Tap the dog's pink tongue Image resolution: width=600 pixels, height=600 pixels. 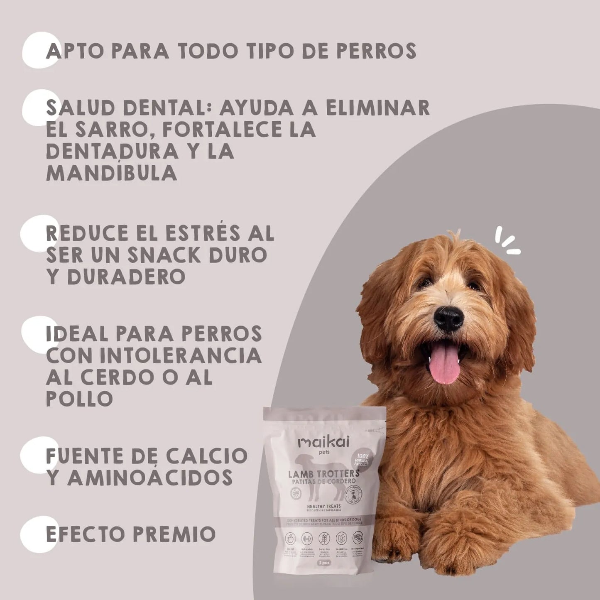coord(445,365)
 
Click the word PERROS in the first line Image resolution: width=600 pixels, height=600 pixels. coord(376,51)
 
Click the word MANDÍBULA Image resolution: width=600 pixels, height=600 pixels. coord(111,173)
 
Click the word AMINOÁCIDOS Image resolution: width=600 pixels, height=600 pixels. coord(150,478)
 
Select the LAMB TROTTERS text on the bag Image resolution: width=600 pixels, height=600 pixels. coord(324,474)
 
